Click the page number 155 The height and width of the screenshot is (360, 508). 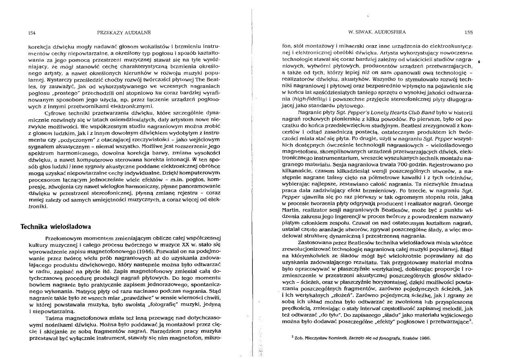tap(468, 32)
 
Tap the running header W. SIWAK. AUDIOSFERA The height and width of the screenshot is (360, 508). tap(375, 32)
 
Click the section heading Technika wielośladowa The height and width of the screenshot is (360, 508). tap(56, 226)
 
